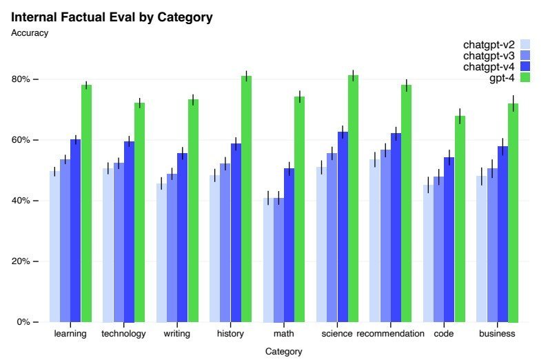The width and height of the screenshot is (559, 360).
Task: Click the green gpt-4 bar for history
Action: coord(246,199)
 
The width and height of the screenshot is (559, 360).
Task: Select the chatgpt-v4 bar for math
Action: coord(289,245)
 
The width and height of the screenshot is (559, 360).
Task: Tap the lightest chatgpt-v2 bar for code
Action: coord(429,253)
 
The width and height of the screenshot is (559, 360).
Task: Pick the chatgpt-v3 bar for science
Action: coord(332,238)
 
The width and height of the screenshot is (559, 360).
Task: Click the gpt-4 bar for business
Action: coord(513,212)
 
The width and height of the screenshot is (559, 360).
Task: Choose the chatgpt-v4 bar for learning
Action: coord(76,230)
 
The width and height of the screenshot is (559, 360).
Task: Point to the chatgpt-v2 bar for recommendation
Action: coord(375,241)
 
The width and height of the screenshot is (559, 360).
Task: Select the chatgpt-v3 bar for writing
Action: coord(172,248)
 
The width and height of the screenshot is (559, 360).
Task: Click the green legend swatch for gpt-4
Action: coord(525,78)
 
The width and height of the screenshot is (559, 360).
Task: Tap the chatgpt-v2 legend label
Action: coord(489,45)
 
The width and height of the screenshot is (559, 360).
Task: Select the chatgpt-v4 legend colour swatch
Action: coord(525,67)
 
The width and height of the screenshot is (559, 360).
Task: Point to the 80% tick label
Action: coord(21,79)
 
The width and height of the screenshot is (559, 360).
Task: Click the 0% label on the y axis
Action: coord(23,322)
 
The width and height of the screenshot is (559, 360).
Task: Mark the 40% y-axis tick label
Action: coord(21,201)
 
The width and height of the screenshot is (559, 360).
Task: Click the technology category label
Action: coord(123,334)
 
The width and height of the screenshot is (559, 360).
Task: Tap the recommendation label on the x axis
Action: coord(390,334)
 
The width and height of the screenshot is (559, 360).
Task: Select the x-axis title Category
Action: coord(283,352)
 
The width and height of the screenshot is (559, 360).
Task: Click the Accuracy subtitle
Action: coord(30,33)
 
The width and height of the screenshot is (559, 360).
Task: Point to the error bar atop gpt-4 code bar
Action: coord(460,117)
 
